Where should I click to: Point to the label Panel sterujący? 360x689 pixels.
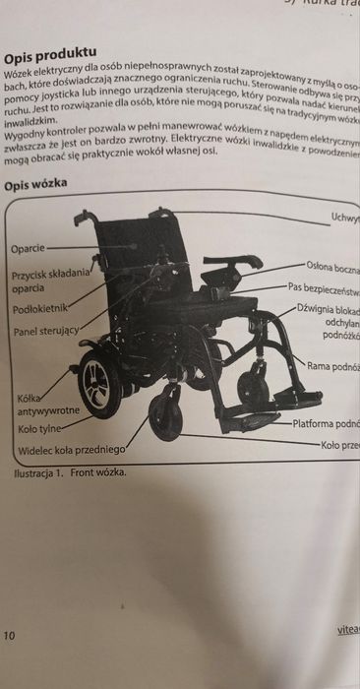pos(45,332)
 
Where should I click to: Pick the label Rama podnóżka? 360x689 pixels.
pos(333,366)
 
